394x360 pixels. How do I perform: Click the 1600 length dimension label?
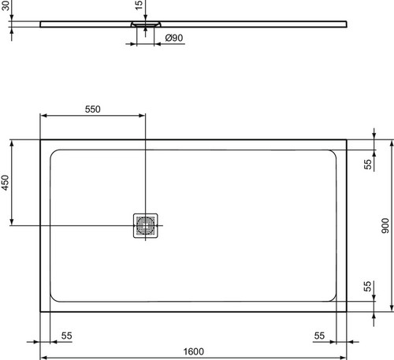coord(193,351)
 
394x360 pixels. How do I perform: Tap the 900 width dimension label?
coord(385,226)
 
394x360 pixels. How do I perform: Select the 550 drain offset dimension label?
coord(93,109)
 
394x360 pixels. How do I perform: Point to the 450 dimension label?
coord(5,183)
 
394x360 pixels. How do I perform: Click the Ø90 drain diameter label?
coord(174,38)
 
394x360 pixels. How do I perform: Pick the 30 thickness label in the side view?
coord(6,6)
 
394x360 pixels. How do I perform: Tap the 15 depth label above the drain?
coord(139,6)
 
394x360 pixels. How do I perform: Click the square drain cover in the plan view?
coord(146,226)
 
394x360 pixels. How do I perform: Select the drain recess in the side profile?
coord(146,24)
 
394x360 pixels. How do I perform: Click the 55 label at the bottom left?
coord(66,336)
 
